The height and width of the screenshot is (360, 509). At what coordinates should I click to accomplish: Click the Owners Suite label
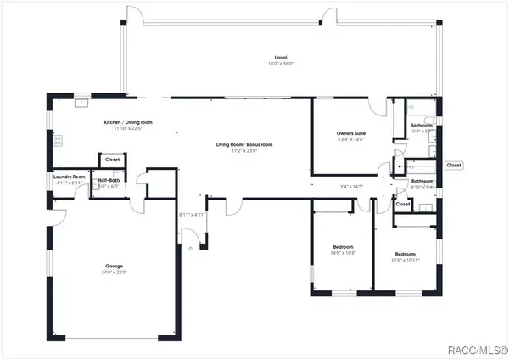pyautogui.click(x=350, y=133)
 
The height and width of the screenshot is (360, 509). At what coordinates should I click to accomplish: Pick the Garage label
pyautogui.click(x=113, y=267)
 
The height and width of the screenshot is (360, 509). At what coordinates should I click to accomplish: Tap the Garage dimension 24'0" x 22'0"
pyautogui.click(x=113, y=273)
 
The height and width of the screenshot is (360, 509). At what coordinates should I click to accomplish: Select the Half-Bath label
pyautogui.click(x=109, y=180)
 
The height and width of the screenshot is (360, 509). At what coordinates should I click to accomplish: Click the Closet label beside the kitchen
pyautogui.click(x=112, y=159)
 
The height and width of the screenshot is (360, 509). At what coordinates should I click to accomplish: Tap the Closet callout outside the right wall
pyautogui.click(x=454, y=166)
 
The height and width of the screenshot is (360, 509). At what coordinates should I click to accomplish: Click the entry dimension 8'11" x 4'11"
pyautogui.click(x=193, y=215)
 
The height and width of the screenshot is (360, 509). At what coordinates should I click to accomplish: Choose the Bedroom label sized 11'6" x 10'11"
pyautogui.click(x=405, y=254)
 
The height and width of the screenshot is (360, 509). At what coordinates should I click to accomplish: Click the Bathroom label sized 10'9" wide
pyautogui.click(x=422, y=126)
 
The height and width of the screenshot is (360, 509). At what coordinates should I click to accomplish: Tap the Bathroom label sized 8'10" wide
pyautogui.click(x=422, y=181)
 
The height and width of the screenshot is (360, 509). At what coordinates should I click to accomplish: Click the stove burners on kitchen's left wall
pyautogui.click(x=57, y=141)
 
